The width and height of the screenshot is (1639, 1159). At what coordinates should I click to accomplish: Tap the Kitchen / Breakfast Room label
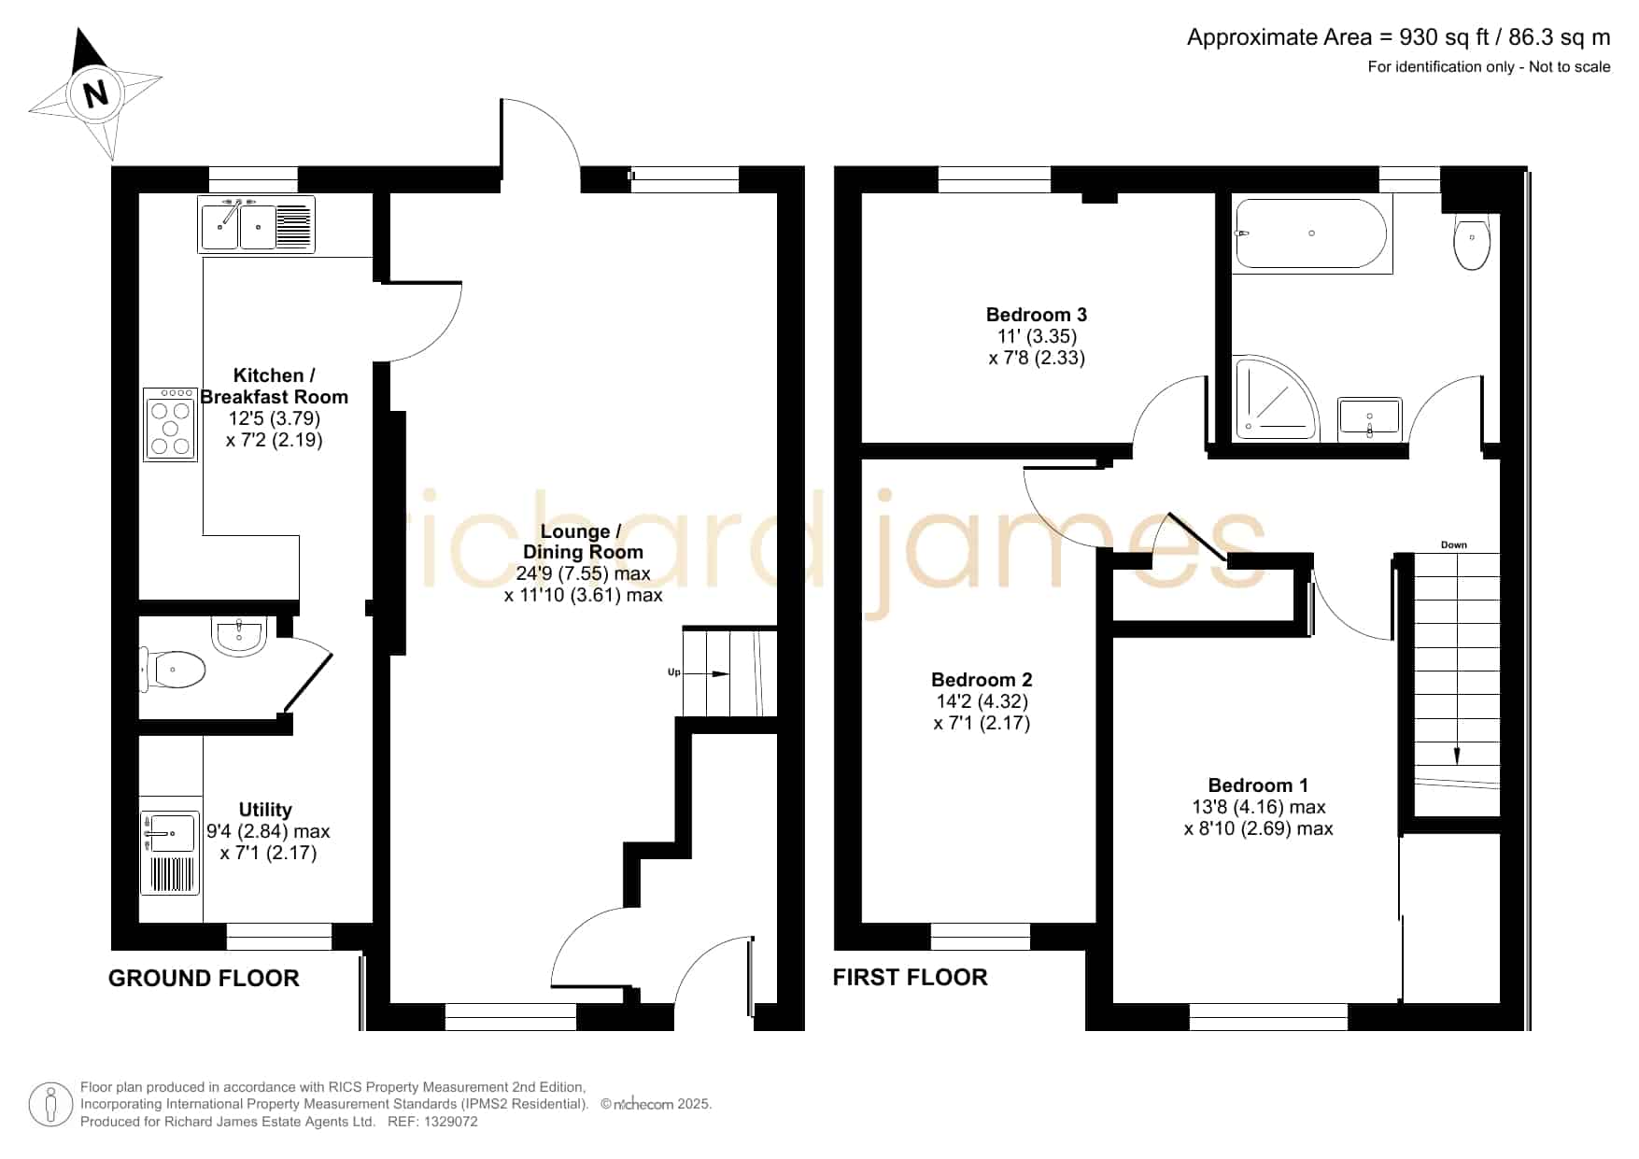(275, 386)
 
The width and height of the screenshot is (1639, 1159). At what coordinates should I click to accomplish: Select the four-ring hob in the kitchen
(171, 425)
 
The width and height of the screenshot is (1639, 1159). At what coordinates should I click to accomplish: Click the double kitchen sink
(257, 225)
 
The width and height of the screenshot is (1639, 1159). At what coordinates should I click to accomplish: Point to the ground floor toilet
(175, 669)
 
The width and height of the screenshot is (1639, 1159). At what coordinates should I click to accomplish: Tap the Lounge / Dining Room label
(583, 542)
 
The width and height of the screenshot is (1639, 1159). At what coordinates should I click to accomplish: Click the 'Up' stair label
(673, 672)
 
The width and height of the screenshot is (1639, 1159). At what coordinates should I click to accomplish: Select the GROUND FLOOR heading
(204, 978)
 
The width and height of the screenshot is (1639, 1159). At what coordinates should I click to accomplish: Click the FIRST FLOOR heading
(910, 977)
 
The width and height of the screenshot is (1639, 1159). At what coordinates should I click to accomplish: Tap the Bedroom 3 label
(1037, 315)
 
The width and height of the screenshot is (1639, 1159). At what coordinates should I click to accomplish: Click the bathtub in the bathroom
(1312, 233)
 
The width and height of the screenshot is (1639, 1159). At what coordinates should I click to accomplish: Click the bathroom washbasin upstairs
(1369, 417)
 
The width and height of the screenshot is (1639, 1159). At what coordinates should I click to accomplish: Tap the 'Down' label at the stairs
(1454, 544)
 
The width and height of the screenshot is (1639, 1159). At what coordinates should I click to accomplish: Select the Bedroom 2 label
(982, 680)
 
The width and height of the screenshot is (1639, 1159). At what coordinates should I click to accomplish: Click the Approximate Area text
(1399, 37)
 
